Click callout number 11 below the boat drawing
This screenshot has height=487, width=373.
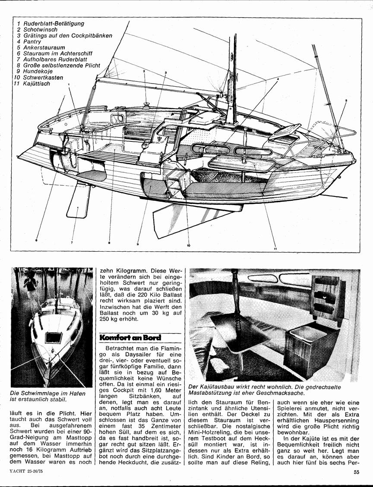pos(275,248)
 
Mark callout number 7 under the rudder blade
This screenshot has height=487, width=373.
pos(72,243)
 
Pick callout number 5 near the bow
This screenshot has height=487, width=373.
pos(346,100)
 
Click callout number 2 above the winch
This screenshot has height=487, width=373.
pos(144,71)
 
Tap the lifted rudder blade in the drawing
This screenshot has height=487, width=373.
pos(77,203)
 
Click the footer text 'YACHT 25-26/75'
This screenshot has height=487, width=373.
pos(26,472)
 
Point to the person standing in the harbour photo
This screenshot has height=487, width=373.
pos(31,284)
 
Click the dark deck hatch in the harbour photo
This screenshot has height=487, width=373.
pos(53,337)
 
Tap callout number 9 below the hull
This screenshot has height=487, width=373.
pos(137,244)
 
